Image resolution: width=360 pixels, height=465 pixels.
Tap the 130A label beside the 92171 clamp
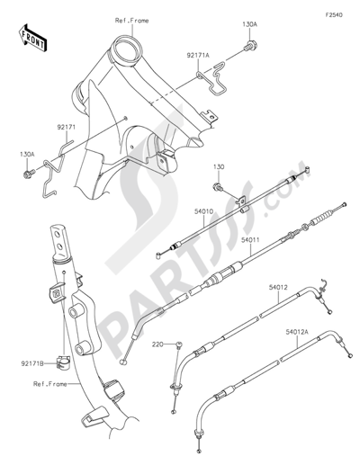pos(29,154)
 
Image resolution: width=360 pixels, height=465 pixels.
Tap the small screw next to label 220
pos(178,346)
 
